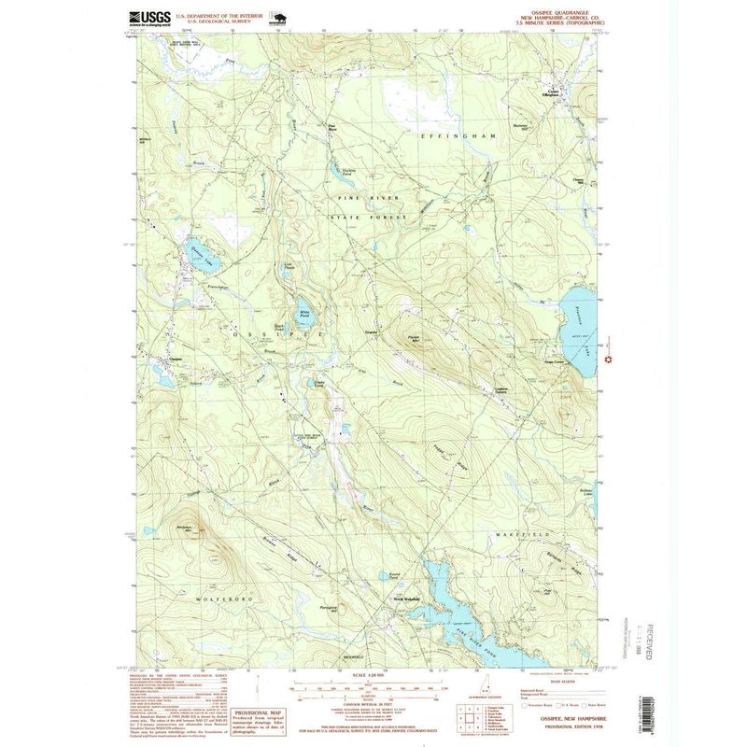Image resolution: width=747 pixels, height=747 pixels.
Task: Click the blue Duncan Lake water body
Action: coord(198,250)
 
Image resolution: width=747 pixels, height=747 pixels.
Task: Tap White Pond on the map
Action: coord(304,317)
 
